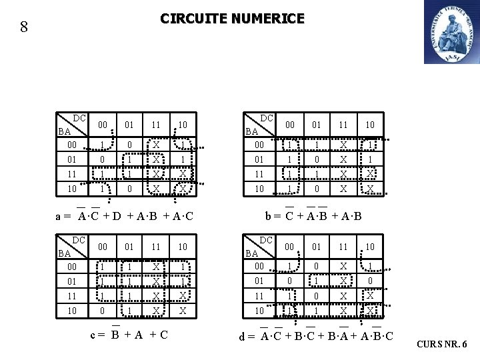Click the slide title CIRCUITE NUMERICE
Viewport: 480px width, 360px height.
click(232, 19)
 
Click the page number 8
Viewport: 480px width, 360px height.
click(24, 27)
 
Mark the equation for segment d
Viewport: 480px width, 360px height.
click(317, 335)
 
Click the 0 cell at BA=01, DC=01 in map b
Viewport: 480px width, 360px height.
click(317, 160)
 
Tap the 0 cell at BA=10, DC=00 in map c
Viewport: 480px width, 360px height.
click(101, 311)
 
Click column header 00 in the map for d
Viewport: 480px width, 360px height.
click(289, 247)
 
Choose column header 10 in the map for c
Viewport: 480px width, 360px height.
click(182, 247)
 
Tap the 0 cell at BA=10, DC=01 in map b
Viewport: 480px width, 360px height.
click(317, 189)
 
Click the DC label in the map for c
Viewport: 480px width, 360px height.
click(79, 239)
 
